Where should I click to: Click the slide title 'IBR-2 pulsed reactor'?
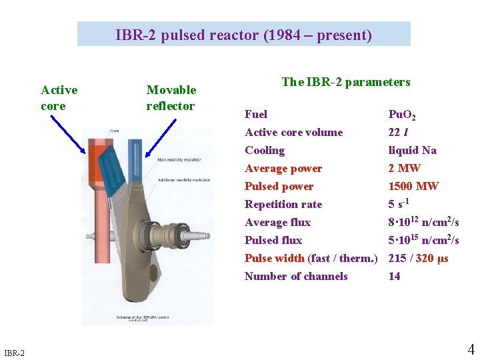pyautogui.click(x=243, y=35)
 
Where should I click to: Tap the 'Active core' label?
pyautogui.click(x=59, y=97)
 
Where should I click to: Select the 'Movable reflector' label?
pyautogui.click(x=171, y=97)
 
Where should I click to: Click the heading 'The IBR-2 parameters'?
pyautogui.click(x=345, y=82)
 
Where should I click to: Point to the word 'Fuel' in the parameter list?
pyautogui.click(x=256, y=115)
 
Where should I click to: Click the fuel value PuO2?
pyautogui.click(x=402, y=115)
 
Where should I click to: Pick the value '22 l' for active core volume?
pyautogui.click(x=399, y=133)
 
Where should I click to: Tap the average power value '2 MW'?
pyautogui.click(x=404, y=169)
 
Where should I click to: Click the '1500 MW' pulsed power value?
pyautogui.click(x=413, y=187)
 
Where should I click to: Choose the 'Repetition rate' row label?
pyautogui.click(x=283, y=205)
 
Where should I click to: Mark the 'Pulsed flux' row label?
pyautogui.click(x=273, y=241)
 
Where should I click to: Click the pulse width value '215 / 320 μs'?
pyautogui.click(x=418, y=259)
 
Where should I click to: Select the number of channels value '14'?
pyautogui.click(x=395, y=277)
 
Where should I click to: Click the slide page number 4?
pyautogui.click(x=471, y=349)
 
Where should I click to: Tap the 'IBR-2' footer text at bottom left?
pyautogui.click(x=14, y=352)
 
